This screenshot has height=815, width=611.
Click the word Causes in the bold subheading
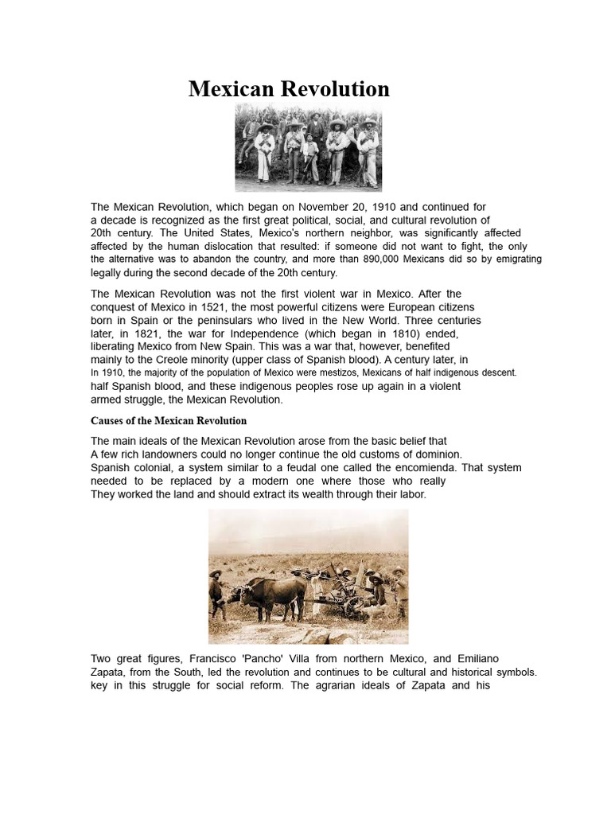point(107,420)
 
